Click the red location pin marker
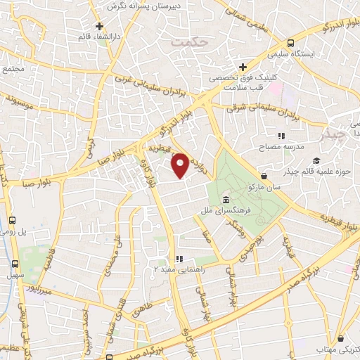coord(180,165)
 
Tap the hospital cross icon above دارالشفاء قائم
coord(99,26)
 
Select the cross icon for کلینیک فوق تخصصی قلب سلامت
coord(242,66)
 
